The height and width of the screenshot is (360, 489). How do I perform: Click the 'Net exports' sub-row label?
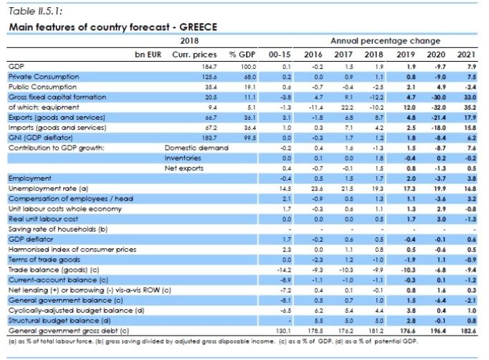coord(182,167)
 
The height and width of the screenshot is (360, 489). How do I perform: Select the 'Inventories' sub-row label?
coord(181,157)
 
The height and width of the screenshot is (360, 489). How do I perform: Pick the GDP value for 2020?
coord(440,65)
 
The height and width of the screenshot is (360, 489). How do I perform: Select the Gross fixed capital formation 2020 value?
coord(440,96)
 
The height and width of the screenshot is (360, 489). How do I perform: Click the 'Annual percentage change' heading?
coord(385,41)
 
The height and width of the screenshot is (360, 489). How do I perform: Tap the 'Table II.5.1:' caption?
coord(33,11)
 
